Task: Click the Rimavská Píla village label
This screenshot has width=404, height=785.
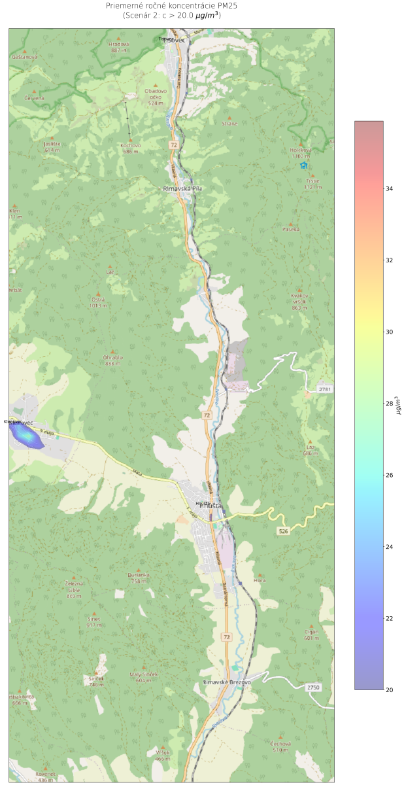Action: point(184,188)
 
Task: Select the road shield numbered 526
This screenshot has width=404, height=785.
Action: point(282,531)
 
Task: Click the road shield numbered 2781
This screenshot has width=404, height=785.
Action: point(325,389)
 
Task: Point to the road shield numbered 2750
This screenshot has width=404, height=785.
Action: point(314,687)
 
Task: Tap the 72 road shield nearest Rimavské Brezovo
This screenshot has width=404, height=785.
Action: point(226,637)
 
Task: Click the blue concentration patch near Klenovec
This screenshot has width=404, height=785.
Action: point(29,437)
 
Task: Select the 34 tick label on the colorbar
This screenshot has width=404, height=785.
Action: point(390,188)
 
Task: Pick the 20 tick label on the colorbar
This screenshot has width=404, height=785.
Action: point(390,689)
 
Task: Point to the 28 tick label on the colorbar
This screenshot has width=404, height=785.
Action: point(390,404)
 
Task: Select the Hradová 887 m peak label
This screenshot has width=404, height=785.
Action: point(119,46)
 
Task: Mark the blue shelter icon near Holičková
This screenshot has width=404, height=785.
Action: point(303,166)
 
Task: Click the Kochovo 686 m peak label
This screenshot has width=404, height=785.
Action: point(131,148)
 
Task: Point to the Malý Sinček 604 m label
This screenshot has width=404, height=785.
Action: point(144,676)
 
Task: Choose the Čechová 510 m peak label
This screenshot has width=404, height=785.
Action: point(280,746)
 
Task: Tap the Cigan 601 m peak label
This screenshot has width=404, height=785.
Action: point(311,635)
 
